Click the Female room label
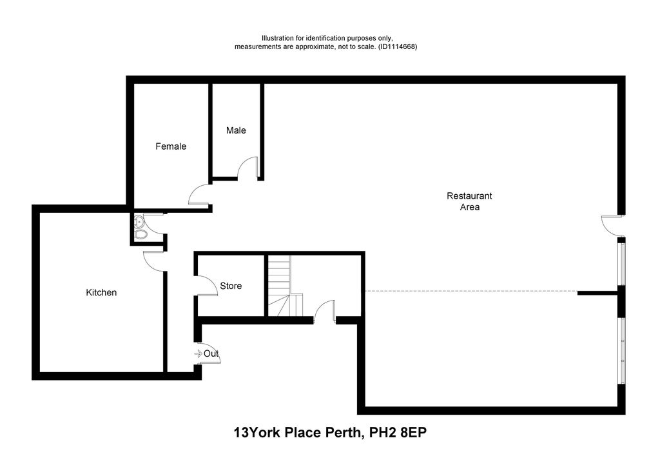[x=171, y=146]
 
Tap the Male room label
[x=236, y=130]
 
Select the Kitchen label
[x=101, y=293]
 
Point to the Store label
[x=231, y=286]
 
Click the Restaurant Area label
[x=469, y=201]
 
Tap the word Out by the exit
[x=211, y=353]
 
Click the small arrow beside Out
[x=198, y=353]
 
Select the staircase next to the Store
[x=282, y=286]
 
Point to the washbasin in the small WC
[x=138, y=222]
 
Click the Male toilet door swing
[x=247, y=169]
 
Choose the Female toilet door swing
[x=198, y=194]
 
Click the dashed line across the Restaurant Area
[x=471, y=292]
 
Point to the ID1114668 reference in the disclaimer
[x=397, y=47]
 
